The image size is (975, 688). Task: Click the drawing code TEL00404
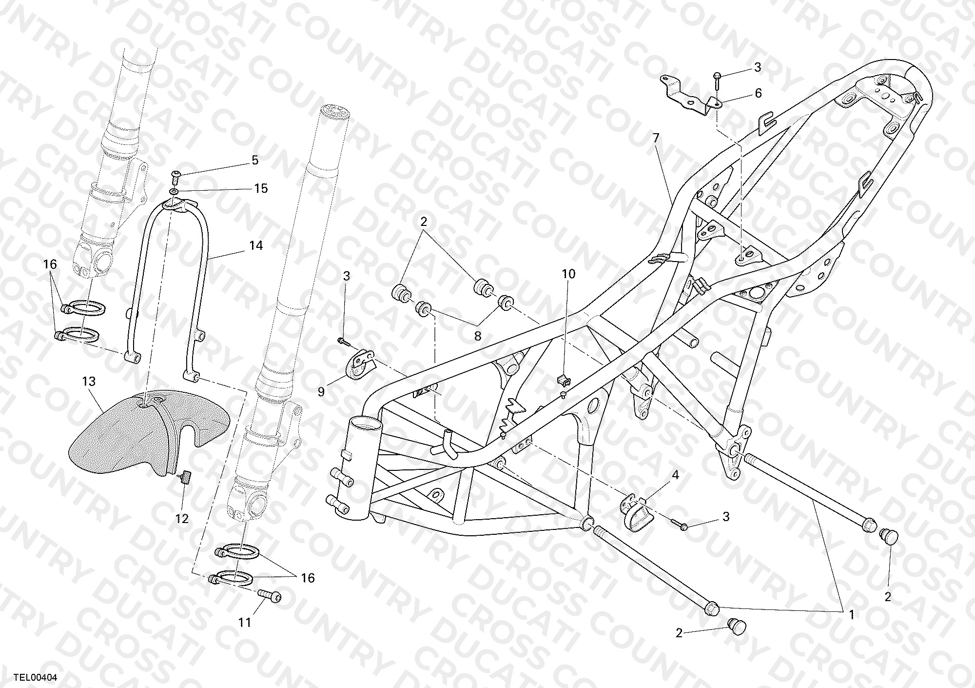[36, 677]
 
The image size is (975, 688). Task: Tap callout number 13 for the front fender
[89, 381]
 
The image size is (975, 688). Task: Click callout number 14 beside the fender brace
[256, 245]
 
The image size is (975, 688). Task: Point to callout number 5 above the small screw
[255, 160]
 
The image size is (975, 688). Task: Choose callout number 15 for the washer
[261, 188]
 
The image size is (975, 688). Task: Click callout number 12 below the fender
[182, 519]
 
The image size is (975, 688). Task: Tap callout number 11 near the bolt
[245, 622]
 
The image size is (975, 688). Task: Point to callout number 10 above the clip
[569, 274]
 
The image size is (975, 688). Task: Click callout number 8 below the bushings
[477, 336]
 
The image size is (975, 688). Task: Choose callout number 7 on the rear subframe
[656, 138]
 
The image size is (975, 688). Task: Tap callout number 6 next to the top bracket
[758, 93]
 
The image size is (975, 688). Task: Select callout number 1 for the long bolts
[851, 615]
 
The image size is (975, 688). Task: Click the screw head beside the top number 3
[718, 76]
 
